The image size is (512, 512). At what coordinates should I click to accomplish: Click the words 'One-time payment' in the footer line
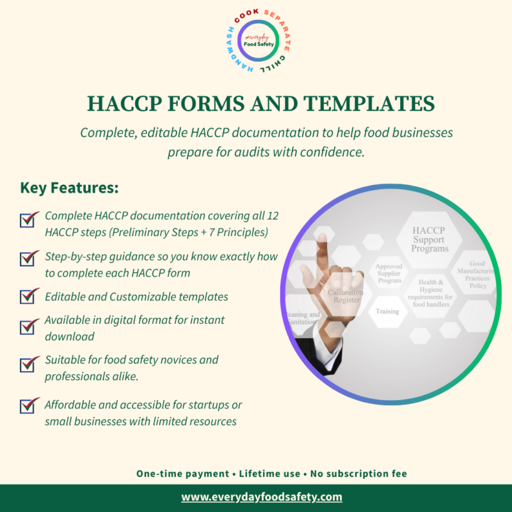click(x=182, y=474)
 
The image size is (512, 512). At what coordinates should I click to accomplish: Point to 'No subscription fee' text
click(x=358, y=474)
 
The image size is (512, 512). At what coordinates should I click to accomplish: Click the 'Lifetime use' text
click(x=269, y=474)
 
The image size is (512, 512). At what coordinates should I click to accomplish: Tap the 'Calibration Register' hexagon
click(x=346, y=296)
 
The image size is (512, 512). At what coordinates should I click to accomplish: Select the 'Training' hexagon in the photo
click(x=387, y=312)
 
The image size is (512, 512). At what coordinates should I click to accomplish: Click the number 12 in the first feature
click(x=268, y=216)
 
